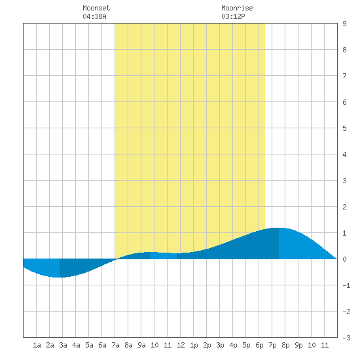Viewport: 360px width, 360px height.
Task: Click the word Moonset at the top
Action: pos(96,8)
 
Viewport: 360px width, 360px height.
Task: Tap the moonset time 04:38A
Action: pos(95,16)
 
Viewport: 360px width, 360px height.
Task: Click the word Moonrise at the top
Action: pos(237,8)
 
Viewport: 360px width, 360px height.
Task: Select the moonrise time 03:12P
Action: pos(233,16)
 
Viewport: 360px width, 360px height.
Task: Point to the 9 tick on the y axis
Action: pos(344,24)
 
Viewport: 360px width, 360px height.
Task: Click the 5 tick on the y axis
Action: pos(344,128)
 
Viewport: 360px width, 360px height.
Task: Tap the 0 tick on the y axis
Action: pos(344,259)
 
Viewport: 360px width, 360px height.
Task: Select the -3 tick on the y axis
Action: pos(346,338)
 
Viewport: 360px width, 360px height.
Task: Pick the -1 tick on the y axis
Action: pos(346,285)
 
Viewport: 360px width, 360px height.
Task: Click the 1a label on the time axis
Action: pos(37,345)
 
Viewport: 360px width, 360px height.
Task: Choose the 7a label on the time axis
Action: pos(115,345)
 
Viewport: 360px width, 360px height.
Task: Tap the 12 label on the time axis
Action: pos(181,345)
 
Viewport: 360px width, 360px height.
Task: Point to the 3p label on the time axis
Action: pos(220,345)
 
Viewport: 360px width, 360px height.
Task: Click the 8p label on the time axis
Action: pos(285,345)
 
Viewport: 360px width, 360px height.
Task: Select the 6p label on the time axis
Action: pos(259,345)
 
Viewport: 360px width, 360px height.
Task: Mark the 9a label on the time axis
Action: pos(141,345)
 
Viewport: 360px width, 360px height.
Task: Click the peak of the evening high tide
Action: pos(279,228)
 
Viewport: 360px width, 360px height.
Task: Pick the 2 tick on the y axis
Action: pos(344,207)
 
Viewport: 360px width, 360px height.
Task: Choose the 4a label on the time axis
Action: pos(76,345)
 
